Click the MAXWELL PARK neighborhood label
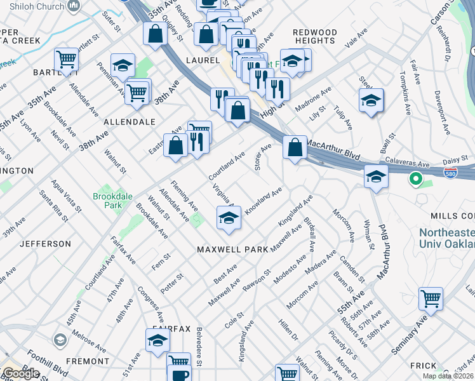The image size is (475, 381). (x=232, y=250)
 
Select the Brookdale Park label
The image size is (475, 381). (x=112, y=201)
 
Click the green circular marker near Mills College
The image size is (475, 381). (x=415, y=180)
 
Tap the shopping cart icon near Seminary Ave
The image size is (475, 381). (x=431, y=298)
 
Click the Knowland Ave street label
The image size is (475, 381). (x=263, y=200)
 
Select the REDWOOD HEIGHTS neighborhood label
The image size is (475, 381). (x=315, y=36)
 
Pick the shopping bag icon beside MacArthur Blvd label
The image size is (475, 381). (x=294, y=148)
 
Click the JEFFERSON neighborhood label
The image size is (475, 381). (x=45, y=244)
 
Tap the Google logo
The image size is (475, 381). (x=20, y=373)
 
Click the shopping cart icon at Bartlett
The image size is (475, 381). (x=66, y=60)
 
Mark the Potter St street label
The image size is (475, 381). (x=171, y=283)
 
